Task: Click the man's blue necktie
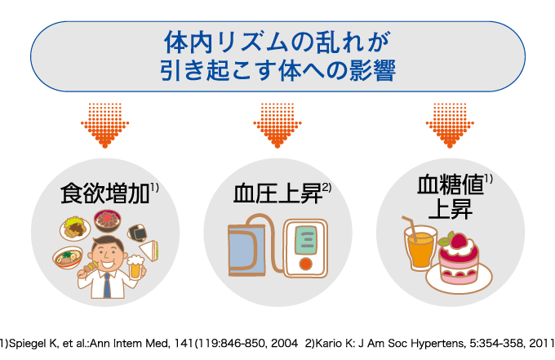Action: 106,282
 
